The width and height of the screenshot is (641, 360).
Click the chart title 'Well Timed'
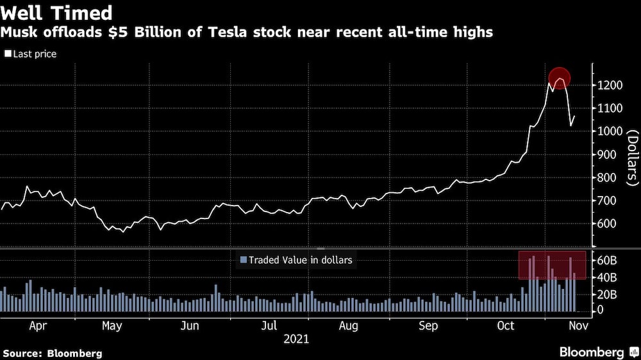tap(57, 13)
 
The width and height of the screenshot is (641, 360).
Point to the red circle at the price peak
tap(560, 78)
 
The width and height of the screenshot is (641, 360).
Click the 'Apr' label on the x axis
tap(38, 325)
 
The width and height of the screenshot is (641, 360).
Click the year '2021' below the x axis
tap(296, 339)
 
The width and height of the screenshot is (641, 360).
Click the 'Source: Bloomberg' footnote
tap(53, 353)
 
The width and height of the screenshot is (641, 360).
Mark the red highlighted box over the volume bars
tap(552, 265)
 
